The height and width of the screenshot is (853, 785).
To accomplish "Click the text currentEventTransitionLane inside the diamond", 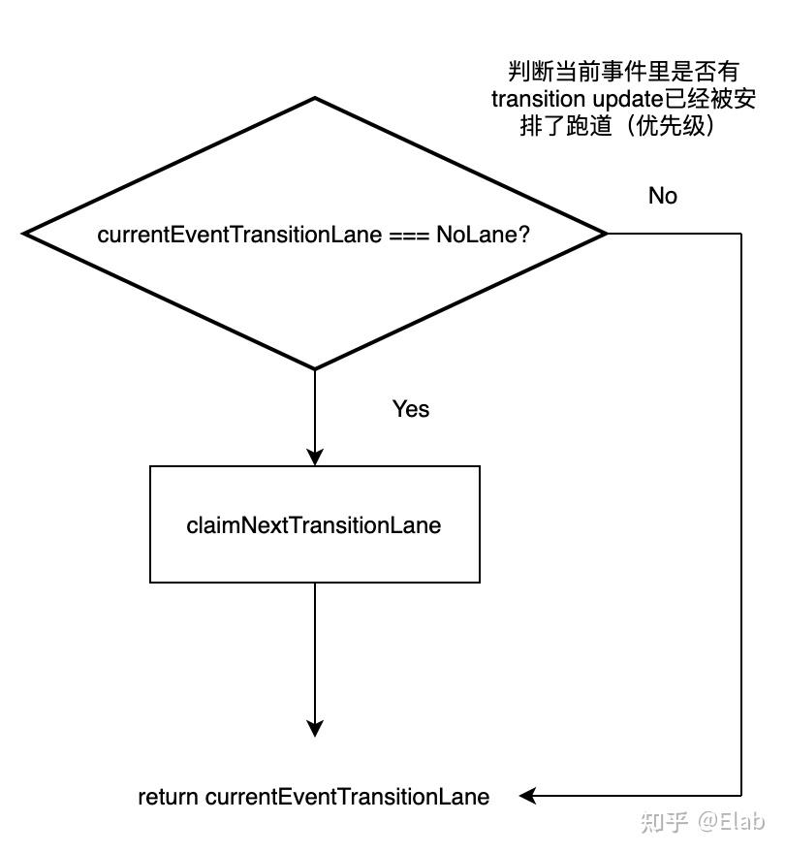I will (239, 235).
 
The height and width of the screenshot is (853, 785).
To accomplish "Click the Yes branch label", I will (410, 409).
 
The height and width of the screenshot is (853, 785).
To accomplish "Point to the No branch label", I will (662, 196).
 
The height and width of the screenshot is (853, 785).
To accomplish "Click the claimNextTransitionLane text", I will (313, 525).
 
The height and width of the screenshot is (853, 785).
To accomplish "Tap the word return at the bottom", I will (169, 798).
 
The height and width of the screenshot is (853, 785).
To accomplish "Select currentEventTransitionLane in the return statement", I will (347, 798).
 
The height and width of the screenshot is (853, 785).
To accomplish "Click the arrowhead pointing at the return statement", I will (527, 797).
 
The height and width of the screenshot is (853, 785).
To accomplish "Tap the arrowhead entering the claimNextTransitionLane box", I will (314, 457).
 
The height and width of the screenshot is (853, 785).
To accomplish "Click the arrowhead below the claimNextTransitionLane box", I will (314, 728).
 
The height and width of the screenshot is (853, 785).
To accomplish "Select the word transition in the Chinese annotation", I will (535, 99).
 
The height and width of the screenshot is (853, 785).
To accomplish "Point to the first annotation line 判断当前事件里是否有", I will (623, 71).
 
